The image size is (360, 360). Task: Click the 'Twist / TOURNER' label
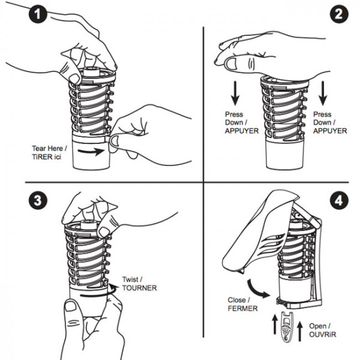[x=139, y=284]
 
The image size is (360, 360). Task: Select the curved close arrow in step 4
[x=260, y=288]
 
